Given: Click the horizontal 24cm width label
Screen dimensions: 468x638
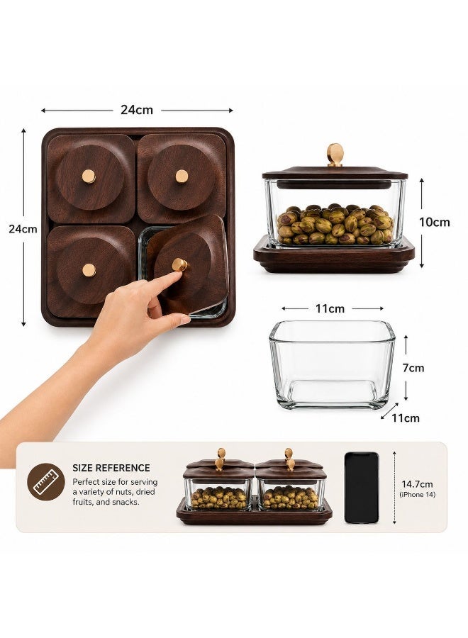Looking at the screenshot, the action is pos(137,110).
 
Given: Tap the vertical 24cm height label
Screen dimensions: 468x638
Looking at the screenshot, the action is pos(23,229).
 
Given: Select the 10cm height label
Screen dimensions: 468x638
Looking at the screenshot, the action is pos(435,222).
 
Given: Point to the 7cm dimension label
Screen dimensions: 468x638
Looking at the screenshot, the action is pos(413,368).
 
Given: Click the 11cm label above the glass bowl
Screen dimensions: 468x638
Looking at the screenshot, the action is pos(330,309).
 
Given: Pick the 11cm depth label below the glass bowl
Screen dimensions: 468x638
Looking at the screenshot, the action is pos(406,418).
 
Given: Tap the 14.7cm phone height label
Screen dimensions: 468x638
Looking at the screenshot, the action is pos(417,484).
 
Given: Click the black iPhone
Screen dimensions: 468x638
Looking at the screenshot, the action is pos(362,488).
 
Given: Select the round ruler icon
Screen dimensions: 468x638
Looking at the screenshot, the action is pos(46,482).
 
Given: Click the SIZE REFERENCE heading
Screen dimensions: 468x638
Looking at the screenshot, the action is pos(111,468).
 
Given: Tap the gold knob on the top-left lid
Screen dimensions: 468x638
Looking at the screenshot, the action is pos(89,177).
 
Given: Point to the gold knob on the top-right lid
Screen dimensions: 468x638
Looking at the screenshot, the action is pos(182,177).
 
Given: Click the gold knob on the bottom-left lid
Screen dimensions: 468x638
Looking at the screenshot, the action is pos(89,270).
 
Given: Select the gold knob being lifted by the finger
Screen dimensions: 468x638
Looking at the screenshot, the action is pos(179,264).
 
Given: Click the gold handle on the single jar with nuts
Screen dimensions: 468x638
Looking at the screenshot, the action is pos(335,155).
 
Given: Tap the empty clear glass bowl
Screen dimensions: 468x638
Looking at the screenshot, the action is pos(332,364).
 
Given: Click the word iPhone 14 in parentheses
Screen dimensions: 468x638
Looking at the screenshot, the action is pos(417,495).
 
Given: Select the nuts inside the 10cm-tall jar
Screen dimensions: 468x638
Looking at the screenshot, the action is pos(335,224).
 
